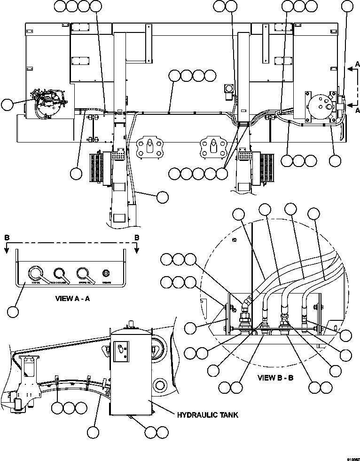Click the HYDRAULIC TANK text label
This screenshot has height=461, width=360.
tap(207, 415)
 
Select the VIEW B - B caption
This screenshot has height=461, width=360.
tap(275, 378)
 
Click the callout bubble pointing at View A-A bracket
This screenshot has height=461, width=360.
tap(14, 311)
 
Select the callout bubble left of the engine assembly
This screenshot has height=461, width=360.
tap(8, 104)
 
